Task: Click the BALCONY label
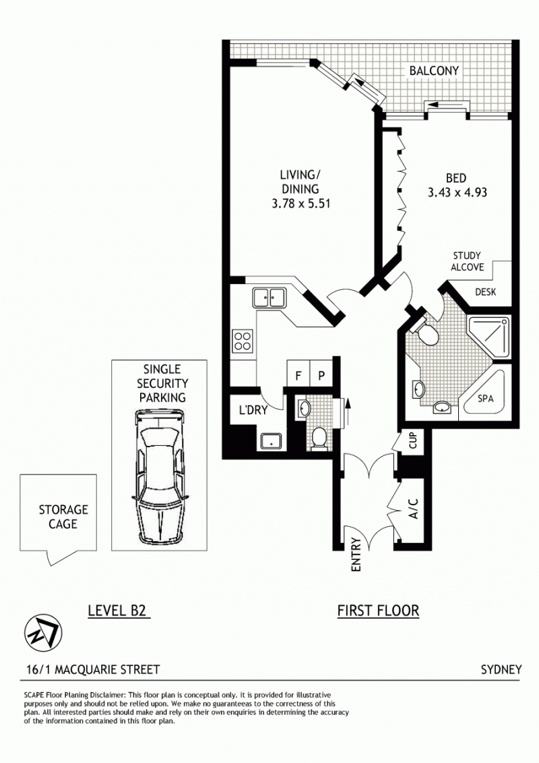433,71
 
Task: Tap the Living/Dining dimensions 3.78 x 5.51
301,204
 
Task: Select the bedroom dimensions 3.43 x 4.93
457,192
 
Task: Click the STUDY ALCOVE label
467,261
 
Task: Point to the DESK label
486,292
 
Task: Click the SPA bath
484,393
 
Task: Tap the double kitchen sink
269,298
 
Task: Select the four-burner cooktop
243,341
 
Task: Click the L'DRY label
253,410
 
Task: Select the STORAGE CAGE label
63,517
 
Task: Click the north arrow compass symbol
42,633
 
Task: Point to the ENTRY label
356,555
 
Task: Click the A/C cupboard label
413,509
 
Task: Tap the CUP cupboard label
412,441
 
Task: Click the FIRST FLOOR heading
378,611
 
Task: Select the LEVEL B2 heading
117,611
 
